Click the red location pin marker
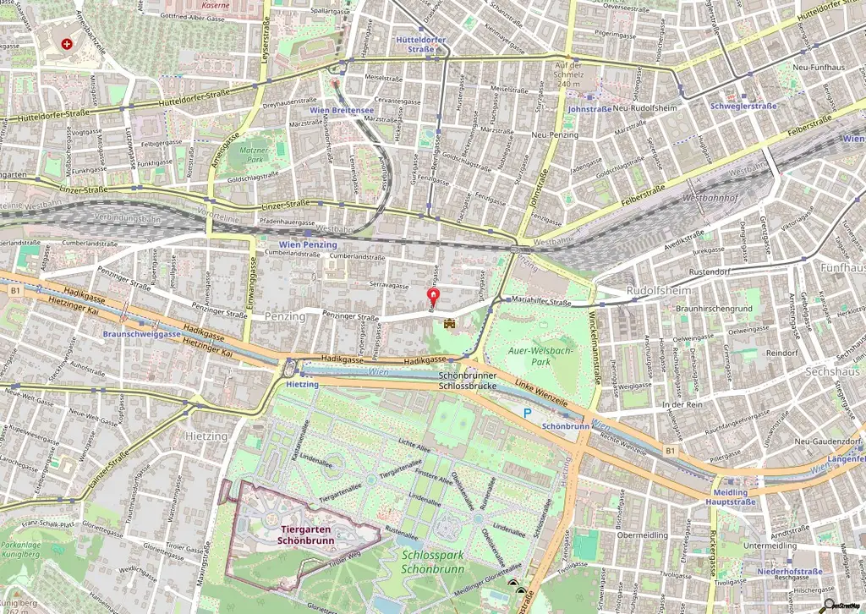[433, 297]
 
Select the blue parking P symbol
[527, 413]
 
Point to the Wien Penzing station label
[308, 244]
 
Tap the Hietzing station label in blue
[302, 384]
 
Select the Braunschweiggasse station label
[142, 334]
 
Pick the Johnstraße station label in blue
[589, 109]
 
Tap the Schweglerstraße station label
[743, 107]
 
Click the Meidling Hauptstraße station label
[731, 497]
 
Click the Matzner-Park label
[253, 154]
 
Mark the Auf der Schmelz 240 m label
[568, 74]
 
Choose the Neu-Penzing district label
[555, 135]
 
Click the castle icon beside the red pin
[450, 323]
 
